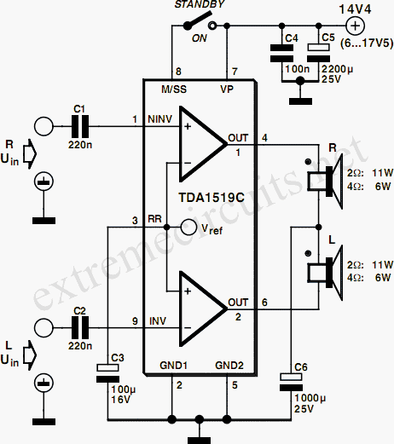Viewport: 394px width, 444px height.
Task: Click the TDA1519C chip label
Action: tap(211, 198)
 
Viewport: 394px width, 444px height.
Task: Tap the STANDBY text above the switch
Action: tap(200, 4)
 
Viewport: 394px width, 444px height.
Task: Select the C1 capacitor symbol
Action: tap(79, 126)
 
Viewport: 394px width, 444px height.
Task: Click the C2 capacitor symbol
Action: tap(79, 328)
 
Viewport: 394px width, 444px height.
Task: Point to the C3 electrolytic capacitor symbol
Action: tap(107, 373)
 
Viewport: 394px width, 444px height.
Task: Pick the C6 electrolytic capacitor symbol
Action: tap(291, 383)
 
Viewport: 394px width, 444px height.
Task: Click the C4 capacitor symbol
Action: tap(281, 53)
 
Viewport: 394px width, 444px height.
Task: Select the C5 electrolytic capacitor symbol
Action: tap(319, 53)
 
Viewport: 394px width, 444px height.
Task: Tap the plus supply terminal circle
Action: tap(356, 26)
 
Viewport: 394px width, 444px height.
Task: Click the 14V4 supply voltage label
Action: tap(356, 9)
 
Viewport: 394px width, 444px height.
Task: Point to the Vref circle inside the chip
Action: tap(188, 228)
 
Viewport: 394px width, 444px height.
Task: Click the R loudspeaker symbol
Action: tap(325, 181)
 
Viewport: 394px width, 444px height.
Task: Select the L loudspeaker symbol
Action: tap(325, 273)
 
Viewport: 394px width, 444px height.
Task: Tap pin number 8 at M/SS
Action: tap(178, 72)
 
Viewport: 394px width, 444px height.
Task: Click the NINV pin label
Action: tap(160, 119)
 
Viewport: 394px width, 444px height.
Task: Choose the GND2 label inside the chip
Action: tap(229, 366)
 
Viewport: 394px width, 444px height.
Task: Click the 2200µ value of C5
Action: tap(337, 69)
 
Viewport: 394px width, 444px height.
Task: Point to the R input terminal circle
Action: tap(43, 127)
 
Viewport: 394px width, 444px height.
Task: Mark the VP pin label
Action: tap(227, 89)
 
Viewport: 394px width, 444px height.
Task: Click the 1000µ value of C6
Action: tap(310, 398)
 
